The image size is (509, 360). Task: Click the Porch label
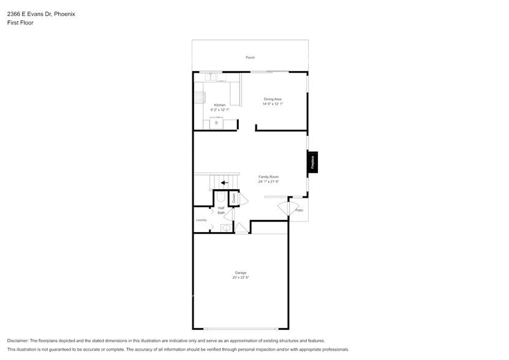click(250, 58)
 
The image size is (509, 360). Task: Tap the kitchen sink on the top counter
click(212, 77)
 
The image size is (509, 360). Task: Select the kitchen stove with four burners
click(199, 96)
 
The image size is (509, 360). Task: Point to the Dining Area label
click(273, 99)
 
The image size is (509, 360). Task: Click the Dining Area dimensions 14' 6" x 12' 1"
click(273, 104)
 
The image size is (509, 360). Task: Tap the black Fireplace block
click(312, 163)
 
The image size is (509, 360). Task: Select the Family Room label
click(268, 176)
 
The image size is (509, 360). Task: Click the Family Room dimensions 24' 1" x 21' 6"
click(268, 181)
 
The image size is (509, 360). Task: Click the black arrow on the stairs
click(225, 182)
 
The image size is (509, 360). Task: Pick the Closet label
click(233, 198)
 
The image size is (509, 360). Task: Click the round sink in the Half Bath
click(225, 228)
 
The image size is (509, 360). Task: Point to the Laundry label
click(201, 220)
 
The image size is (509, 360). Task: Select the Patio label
click(299, 210)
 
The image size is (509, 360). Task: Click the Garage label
click(241, 272)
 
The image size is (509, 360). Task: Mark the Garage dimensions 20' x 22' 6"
click(241, 278)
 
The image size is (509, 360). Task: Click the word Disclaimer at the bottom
click(19, 340)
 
